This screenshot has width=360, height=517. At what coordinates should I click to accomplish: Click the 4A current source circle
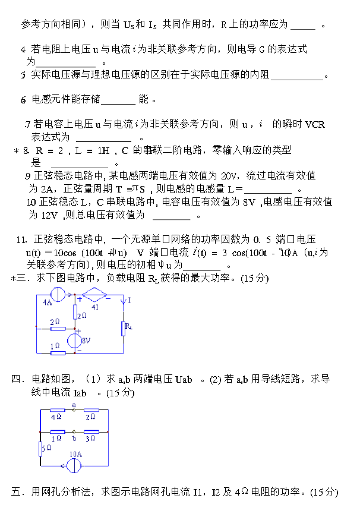click(x=59, y=293)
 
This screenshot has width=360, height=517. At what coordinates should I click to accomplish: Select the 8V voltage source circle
click(x=75, y=341)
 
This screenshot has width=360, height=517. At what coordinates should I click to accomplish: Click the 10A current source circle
click(x=74, y=465)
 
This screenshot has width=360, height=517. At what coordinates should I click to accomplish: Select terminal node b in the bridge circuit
click(x=74, y=432)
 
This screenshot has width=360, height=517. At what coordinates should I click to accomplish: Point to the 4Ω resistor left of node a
click(x=56, y=410)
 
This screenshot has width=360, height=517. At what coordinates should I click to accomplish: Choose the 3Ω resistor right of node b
click(x=91, y=432)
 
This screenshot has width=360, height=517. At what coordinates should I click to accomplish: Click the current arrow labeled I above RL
click(x=124, y=304)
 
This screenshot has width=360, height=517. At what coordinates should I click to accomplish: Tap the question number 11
click(x=22, y=239)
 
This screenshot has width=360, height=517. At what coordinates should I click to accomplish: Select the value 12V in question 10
click(x=52, y=215)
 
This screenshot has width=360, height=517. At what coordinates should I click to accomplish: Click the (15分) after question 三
click(x=255, y=278)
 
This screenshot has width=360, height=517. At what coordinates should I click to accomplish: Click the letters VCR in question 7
click(x=315, y=124)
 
